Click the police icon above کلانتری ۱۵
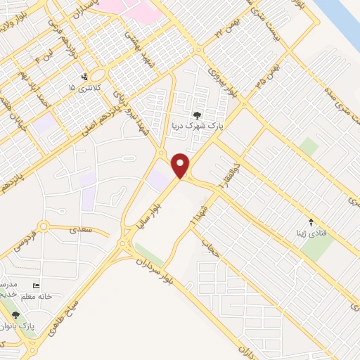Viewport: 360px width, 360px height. pos(85,76)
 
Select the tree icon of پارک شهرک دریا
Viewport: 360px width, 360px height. pos(197,116)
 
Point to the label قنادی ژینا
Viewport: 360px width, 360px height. pos(311,231)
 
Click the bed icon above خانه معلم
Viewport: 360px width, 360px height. pos(37,285)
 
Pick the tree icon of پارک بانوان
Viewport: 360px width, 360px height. pos(15,315)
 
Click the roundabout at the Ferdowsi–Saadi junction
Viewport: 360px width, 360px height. pos(44,226)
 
